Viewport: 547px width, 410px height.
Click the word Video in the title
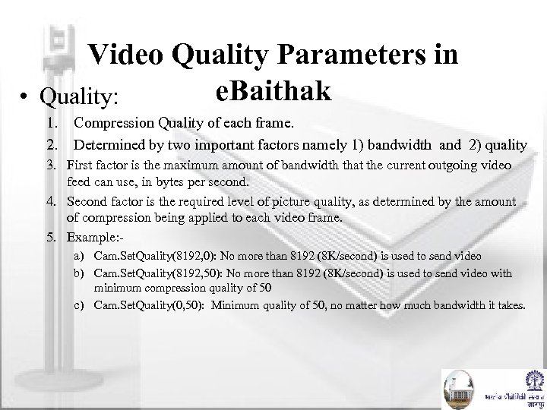[x=127, y=55]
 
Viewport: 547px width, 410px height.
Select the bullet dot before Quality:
[x=26, y=98]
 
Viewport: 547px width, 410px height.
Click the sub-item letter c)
[x=79, y=304]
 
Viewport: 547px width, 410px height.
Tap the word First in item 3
[x=81, y=165]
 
